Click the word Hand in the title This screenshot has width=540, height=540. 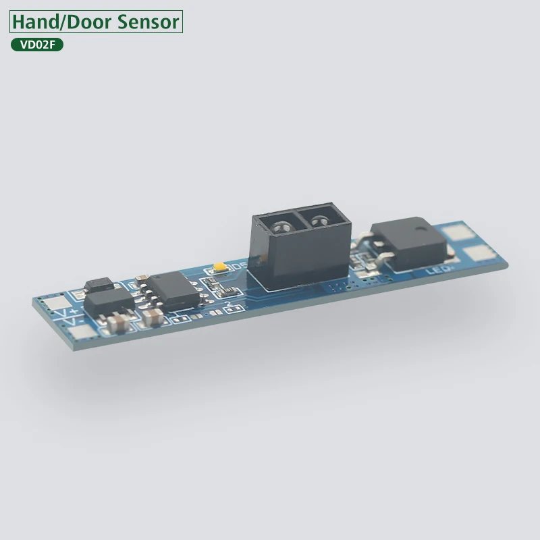[x=36, y=22]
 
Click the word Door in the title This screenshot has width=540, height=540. [x=90, y=22]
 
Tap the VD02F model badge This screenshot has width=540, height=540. [x=37, y=45]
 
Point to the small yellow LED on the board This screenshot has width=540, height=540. [x=219, y=268]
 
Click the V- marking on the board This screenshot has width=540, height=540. [x=70, y=324]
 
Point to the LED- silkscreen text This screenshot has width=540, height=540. [x=439, y=270]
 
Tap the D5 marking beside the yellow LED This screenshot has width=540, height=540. [x=236, y=267]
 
